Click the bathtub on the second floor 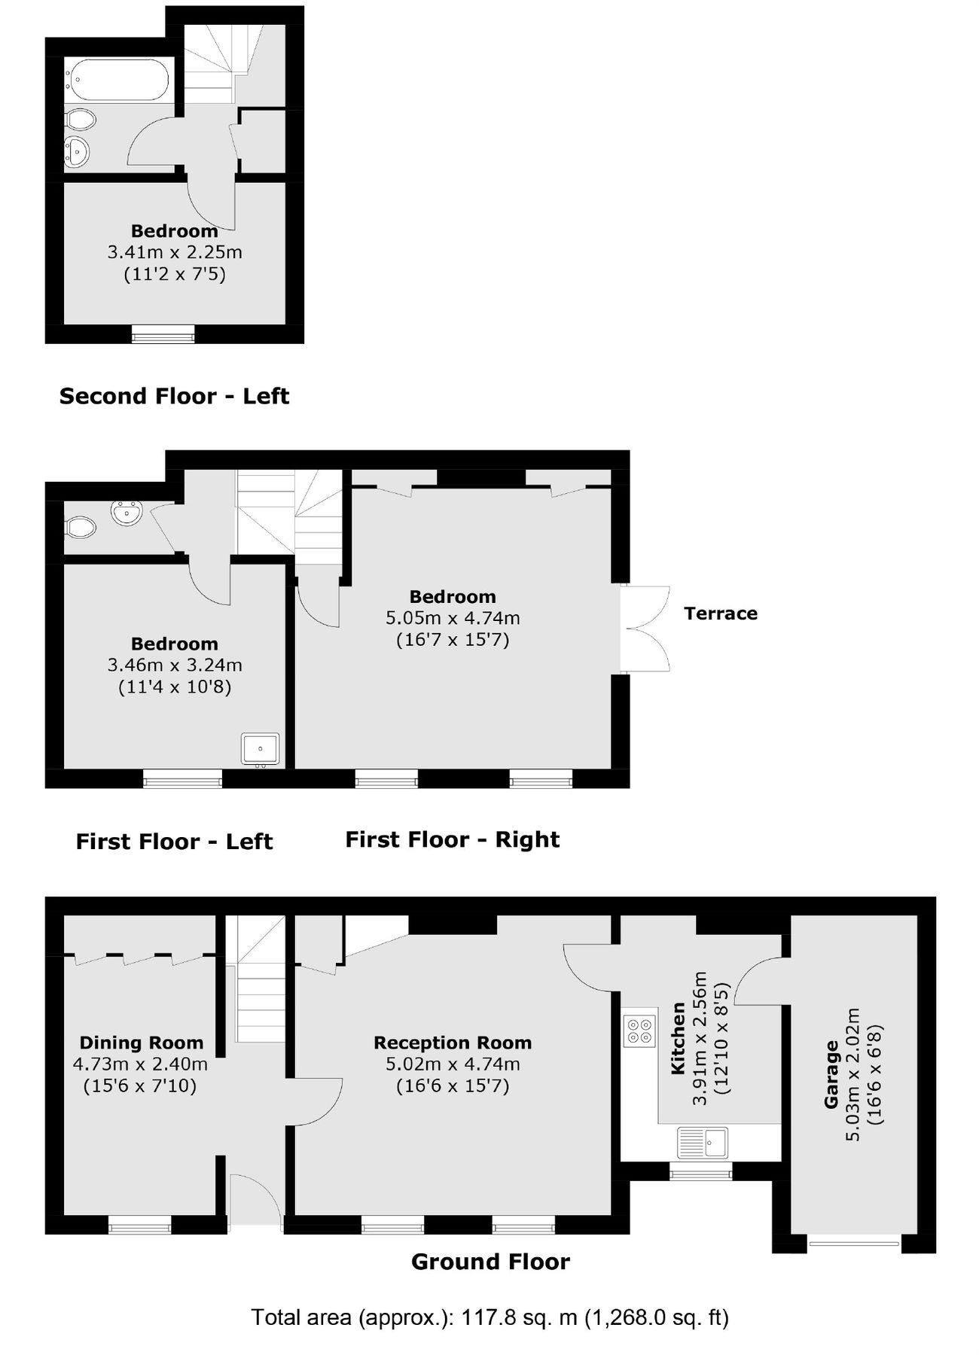(118, 80)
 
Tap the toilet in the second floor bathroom (80, 120)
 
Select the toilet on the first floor (80, 527)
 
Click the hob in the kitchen (639, 1031)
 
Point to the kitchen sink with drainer (702, 1142)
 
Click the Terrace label (721, 614)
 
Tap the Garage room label (831, 1074)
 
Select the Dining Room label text (142, 1043)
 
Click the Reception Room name (453, 1043)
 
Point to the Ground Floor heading (490, 1262)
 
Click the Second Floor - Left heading (174, 396)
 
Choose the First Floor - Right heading (453, 839)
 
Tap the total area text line (489, 1317)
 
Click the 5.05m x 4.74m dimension (453, 618)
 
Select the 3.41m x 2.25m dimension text (175, 252)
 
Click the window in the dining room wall (140, 1228)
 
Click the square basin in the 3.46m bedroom (261, 750)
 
